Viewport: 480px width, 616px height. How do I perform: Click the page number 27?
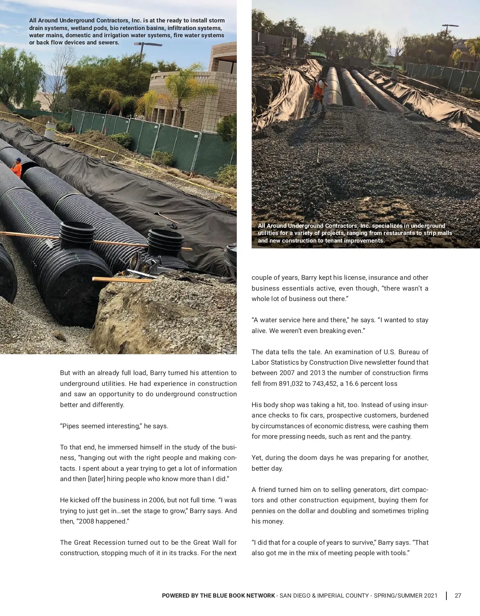(458, 596)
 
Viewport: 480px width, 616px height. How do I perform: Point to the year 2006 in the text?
(156, 500)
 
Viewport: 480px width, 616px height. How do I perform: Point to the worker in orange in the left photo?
(17, 168)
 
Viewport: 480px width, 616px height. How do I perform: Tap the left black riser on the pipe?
(77, 234)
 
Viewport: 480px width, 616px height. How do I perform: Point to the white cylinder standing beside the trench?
(51, 130)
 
